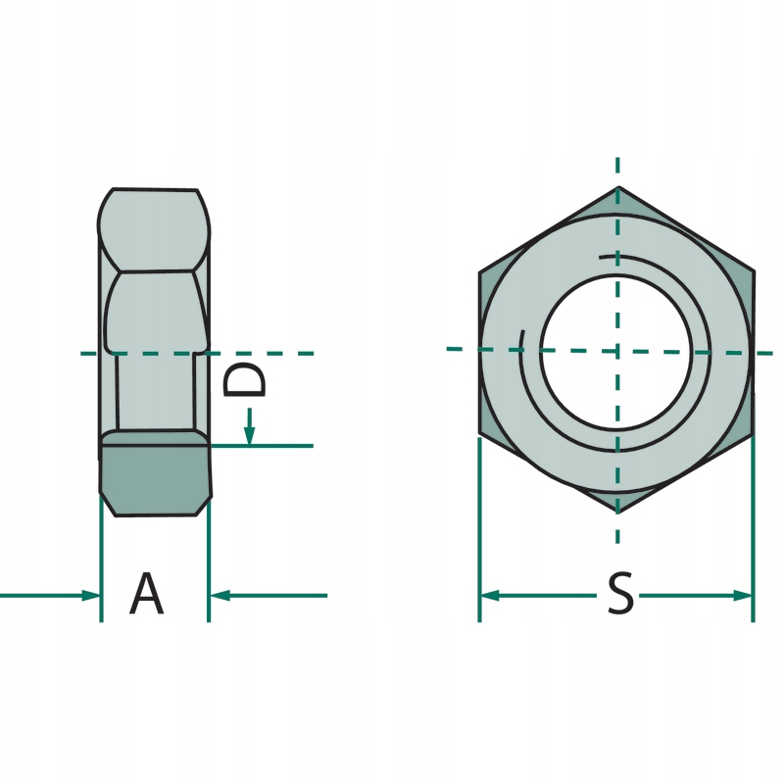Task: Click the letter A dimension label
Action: point(146,594)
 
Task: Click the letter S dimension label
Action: point(620,594)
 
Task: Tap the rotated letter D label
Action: point(244,379)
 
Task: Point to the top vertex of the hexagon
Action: point(618,187)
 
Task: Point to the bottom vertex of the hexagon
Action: point(618,513)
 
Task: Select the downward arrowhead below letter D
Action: point(250,435)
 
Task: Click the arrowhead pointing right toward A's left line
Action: point(91,596)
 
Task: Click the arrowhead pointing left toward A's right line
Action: point(220,596)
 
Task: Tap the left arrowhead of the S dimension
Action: point(489,596)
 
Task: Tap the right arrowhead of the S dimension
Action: point(743,596)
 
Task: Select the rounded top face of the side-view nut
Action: point(154,230)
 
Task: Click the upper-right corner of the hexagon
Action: point(754,272)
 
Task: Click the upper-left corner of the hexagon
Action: point(479,272)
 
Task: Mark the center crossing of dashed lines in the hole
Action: point(618,351)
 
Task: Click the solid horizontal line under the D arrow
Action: point(261,446)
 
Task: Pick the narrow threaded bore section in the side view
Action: point(156,391)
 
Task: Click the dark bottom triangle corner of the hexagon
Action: point(618,501)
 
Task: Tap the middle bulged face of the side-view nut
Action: point(156,311)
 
